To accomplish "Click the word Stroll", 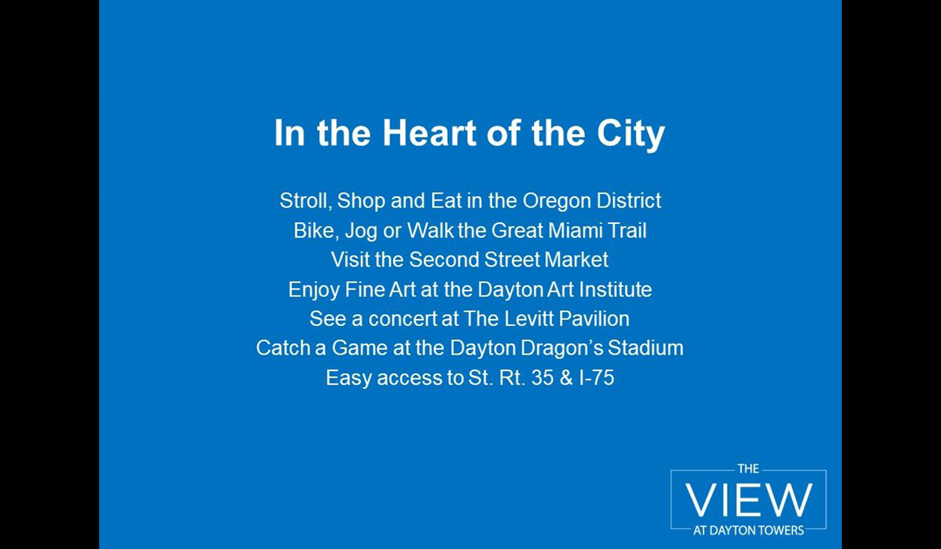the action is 305,201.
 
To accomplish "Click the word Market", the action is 576,260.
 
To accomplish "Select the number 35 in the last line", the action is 542,378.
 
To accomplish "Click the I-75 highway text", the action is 597,378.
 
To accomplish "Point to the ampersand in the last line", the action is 566,378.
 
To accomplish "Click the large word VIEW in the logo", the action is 749,499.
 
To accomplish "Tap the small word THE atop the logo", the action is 748,469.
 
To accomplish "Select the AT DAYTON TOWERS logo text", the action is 748,530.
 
